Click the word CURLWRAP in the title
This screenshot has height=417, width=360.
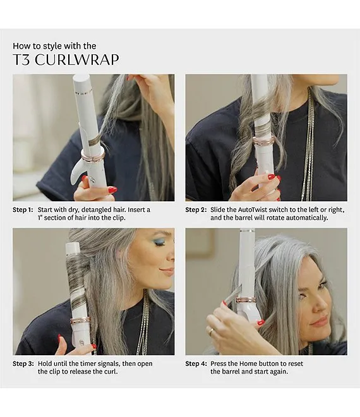77,60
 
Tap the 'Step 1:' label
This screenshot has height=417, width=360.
23,210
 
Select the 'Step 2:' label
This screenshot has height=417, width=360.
196,210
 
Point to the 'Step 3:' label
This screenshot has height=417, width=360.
23,363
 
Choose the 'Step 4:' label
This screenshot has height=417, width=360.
196,363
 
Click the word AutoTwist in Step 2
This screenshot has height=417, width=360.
253,210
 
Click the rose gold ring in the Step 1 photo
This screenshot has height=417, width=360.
92,156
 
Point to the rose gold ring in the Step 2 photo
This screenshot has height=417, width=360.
263,141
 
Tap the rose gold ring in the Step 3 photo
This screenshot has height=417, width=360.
80,320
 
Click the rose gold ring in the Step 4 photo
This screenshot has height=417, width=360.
246,300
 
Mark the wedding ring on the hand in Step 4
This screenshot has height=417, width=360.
210,331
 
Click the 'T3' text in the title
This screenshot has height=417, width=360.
22,60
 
